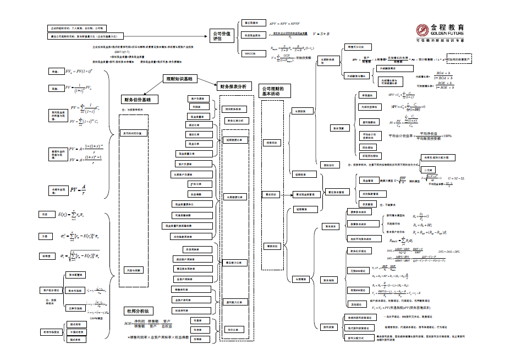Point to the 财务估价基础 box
click(140, 100)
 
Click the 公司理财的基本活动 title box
click(273, 91)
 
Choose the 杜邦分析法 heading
click(138, 311)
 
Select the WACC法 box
click(250, 53)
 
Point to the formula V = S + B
click(321, 34)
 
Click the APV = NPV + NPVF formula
click(284, 24)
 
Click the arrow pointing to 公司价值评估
click(201, 35)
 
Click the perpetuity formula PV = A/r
click(78, 190)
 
